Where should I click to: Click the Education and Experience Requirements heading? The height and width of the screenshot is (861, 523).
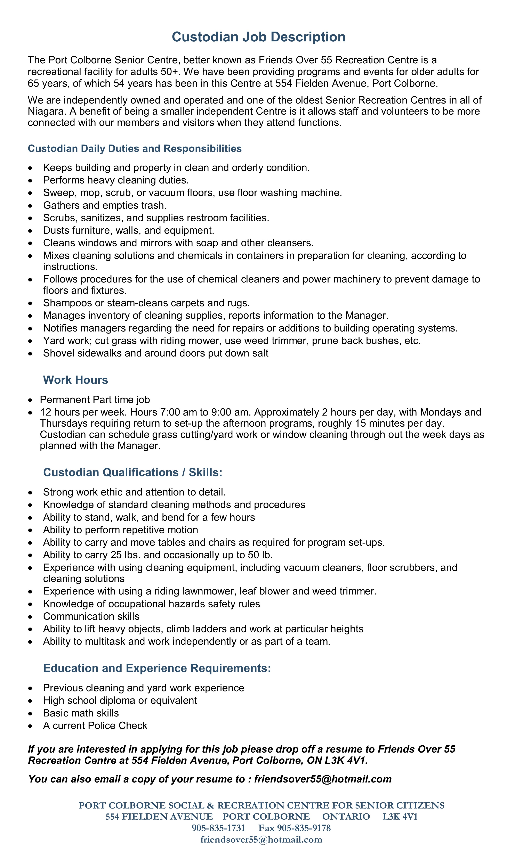coord(157,668)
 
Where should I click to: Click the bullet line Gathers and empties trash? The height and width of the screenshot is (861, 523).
coord(105,205)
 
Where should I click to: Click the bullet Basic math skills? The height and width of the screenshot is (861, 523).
coord(81,713)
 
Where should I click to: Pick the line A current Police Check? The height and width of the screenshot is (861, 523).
coord(95,725)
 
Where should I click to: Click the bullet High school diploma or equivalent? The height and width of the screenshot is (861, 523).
coord(120,700)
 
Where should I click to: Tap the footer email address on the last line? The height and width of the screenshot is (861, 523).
coord(261,839)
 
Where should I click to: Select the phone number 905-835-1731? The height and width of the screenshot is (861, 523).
coord(218,828)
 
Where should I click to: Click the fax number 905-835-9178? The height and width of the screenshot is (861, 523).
coord(304,828)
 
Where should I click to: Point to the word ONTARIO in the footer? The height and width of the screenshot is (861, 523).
coord(346,817)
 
